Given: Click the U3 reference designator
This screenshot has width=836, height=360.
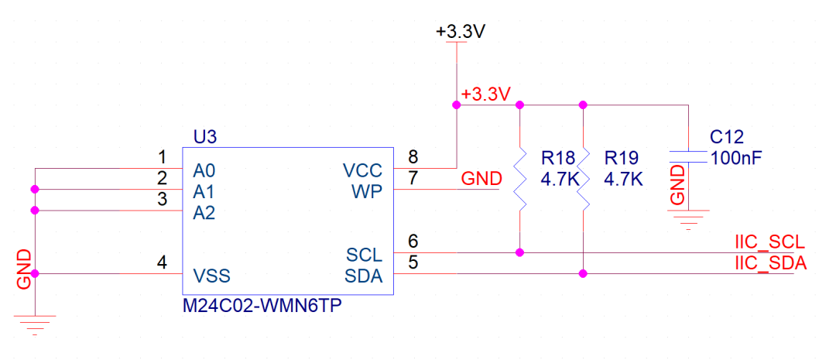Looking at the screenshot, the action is tap(205, 138).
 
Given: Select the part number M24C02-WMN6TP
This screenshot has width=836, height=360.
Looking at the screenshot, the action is tap(262, 307).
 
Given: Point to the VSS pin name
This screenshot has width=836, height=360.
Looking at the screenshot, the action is tap(211, 276).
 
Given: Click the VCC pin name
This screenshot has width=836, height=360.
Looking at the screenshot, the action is tap(363, 170).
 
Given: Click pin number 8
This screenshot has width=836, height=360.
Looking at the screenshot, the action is tap(413, 157).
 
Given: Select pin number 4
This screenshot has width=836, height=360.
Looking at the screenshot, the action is tap(162, 262).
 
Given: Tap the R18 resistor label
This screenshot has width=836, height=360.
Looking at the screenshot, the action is tap(559, 158).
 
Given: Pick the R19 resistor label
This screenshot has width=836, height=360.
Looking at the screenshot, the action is tap(622, 158).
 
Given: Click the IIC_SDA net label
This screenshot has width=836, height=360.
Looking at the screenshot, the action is tap(770, 263).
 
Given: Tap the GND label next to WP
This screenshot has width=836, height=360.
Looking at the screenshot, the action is tap(481, 178).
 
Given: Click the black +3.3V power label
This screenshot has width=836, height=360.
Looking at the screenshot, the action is tap(461, 32).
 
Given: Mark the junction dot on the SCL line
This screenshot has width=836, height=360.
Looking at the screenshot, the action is tap(519, 252).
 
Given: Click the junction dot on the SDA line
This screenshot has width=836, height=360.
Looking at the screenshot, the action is tap(583, 273).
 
